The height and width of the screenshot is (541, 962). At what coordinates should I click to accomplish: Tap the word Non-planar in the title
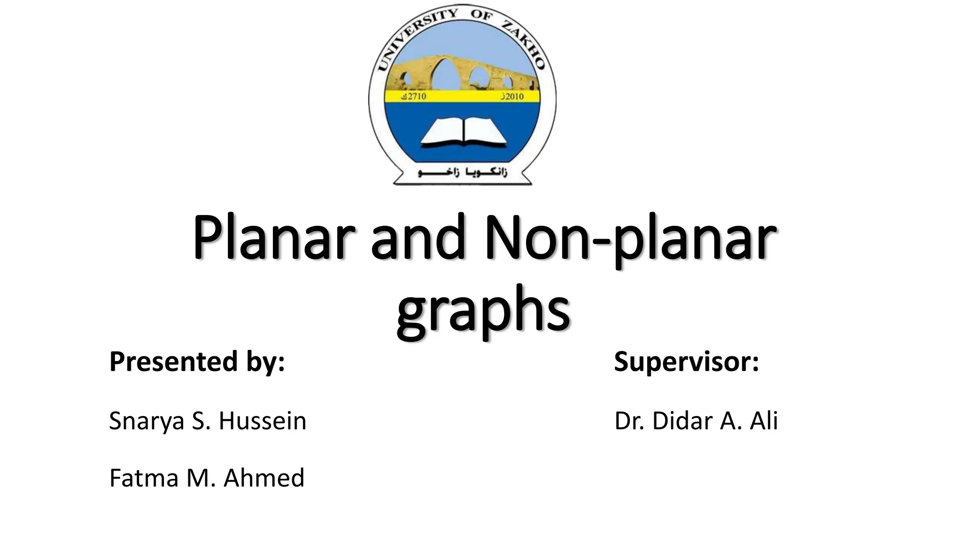click(629, 238)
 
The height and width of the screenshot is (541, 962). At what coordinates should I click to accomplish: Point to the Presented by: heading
click(197, 362)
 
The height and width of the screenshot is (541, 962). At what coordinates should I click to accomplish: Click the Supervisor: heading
click(686, 362)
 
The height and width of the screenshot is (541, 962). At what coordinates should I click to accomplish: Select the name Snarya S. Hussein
click(208, 421)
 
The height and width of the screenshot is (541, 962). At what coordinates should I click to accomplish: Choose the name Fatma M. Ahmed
click(207, 478)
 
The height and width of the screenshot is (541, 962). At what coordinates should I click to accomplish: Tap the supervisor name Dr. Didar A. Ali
click(696, 421)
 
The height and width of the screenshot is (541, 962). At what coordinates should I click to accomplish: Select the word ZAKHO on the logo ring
click(522, 41)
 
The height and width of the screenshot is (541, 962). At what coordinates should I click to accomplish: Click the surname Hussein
click(262, 421)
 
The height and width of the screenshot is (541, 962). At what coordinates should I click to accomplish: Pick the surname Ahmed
click(264, 478)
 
